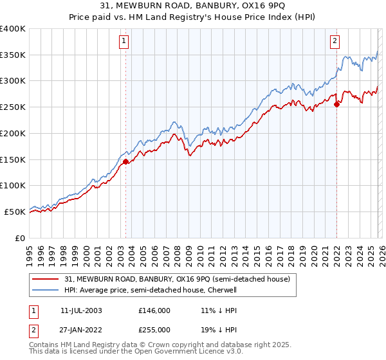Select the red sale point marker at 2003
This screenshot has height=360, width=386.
tap(125, 162)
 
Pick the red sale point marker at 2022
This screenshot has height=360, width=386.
tap(336, 105)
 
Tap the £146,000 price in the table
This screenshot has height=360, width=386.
tap(154, 310)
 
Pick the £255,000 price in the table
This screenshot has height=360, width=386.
tap(154, 329)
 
